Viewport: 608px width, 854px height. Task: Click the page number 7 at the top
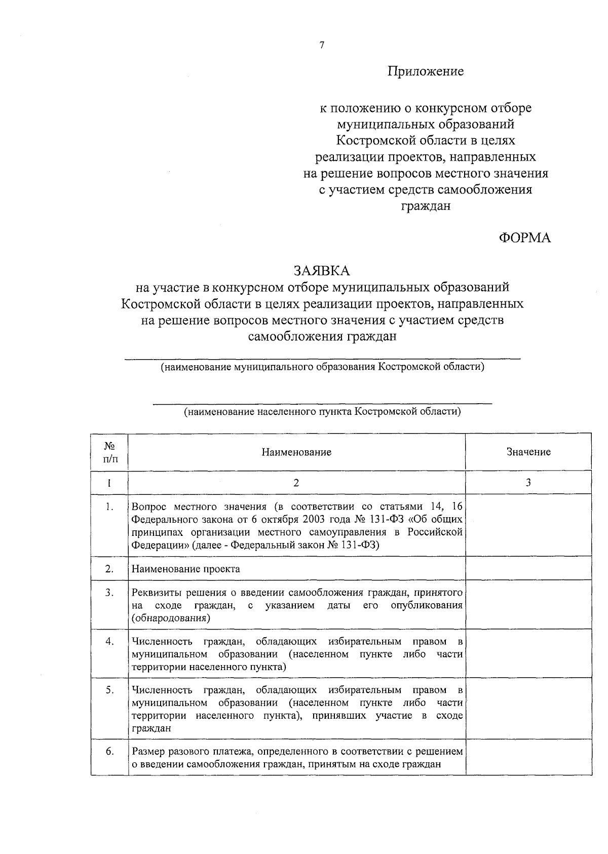[322, 45]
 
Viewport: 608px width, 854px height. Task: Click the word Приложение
[426, 71]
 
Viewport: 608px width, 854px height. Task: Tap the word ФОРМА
[524, 238]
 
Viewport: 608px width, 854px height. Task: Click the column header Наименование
[296, 452]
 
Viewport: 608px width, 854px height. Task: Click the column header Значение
[528, 452]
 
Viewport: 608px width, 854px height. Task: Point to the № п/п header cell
[109, 452]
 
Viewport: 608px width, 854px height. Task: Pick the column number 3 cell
[528, 482]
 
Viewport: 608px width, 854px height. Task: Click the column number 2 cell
[296, 482]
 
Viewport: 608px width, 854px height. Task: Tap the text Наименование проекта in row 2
[186, 569]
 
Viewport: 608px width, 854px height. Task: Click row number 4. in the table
[109, 641]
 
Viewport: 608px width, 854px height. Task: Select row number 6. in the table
[109, 751]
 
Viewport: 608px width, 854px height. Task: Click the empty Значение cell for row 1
[528, 525]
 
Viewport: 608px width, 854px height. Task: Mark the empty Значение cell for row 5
[528, 709]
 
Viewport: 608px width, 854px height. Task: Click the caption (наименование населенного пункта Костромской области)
[322, 411]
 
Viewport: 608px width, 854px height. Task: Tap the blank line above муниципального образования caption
[322, 359]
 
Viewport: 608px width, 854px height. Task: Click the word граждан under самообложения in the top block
[426, 206]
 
